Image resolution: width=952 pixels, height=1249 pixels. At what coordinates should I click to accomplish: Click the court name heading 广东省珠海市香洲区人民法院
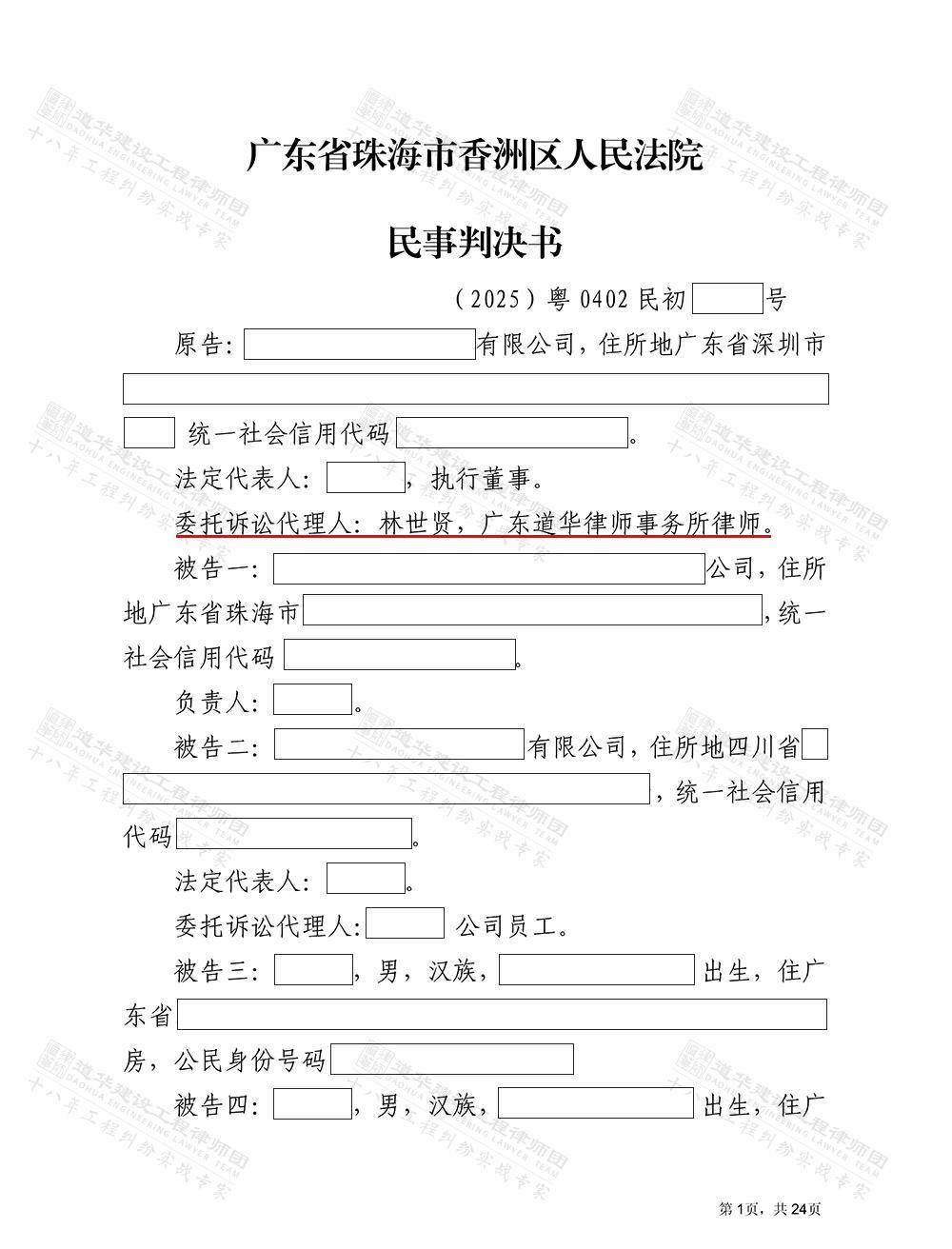474,155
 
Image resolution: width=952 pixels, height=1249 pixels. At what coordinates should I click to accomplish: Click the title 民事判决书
474,243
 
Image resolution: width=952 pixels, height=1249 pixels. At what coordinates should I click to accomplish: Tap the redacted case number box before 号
727,299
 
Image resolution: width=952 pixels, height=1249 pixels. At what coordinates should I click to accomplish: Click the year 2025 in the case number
493,300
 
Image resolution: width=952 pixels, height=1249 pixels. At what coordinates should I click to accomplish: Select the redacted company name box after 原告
359,345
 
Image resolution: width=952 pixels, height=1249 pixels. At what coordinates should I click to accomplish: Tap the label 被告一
216,569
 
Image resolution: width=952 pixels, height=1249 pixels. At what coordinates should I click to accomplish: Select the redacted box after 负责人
312,700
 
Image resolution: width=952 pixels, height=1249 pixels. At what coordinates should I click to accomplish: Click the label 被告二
216,747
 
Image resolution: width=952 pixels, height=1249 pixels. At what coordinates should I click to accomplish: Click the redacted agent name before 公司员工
405,924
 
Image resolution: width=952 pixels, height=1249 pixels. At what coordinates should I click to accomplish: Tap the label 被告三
216,972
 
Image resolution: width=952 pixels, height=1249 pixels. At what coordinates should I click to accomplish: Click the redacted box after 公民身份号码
451,1060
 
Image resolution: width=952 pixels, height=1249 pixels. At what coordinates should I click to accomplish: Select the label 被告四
216,1105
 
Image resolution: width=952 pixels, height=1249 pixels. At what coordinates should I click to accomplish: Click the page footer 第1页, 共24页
769,1209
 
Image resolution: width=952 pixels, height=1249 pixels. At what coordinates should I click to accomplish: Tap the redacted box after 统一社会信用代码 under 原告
512,433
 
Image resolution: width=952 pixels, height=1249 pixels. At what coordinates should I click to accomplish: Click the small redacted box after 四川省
815,744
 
